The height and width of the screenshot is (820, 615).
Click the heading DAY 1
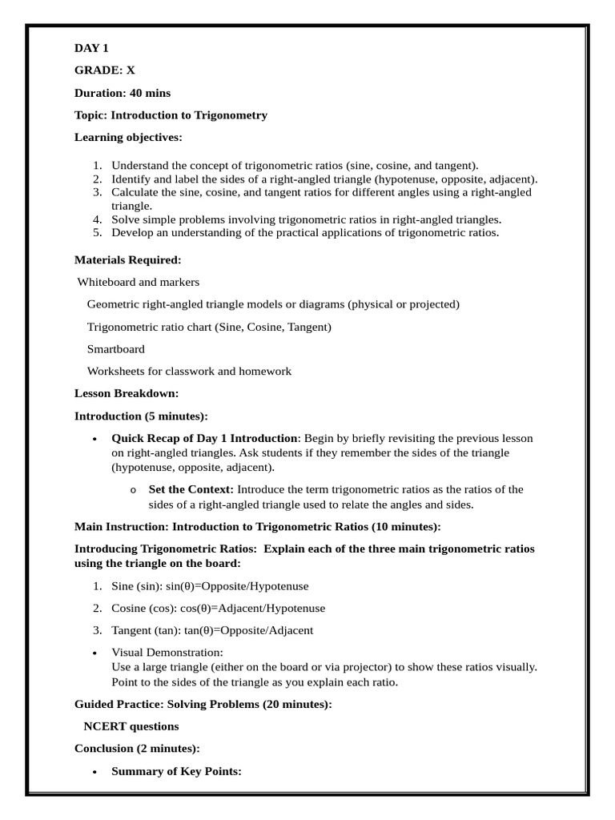(x=91, y=48)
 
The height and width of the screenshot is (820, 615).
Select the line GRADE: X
(x=105, y=70)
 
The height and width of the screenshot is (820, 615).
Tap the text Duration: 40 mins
(x=123, y=93)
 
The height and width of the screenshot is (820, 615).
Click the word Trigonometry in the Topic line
(x=229, y=115)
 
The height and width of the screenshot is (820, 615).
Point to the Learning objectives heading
(x=128, y=138)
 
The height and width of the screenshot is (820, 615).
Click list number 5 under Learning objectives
(x=98, y=232)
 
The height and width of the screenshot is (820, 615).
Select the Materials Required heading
(x=127, y=259)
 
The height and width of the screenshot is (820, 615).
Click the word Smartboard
(x=116, y=349)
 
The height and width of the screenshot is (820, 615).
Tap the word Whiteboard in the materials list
(x=107, y=282)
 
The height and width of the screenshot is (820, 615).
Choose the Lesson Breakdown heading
(x=127, y=393)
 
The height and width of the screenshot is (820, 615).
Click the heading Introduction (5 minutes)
(x=141, y=416)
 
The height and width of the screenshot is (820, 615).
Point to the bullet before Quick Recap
(x=95, y=439)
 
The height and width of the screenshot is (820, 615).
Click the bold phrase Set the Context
(x=191, y=489)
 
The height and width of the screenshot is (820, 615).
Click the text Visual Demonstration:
(x=167, y=653)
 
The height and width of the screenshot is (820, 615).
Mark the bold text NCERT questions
(x=131, y=726)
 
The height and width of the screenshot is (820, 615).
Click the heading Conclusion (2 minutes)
(x=137, y=748)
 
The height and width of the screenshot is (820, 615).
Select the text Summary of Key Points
(x=176, y=771)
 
